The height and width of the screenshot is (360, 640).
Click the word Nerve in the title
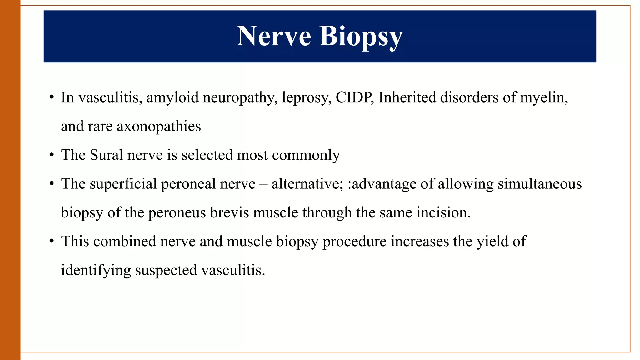pos(274,36)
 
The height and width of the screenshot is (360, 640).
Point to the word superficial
pos(123,184)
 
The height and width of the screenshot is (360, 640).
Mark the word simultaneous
pos(540,184)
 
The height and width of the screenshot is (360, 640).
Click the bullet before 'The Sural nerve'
pos(52,155)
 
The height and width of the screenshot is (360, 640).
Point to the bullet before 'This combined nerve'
pos(52,242)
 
